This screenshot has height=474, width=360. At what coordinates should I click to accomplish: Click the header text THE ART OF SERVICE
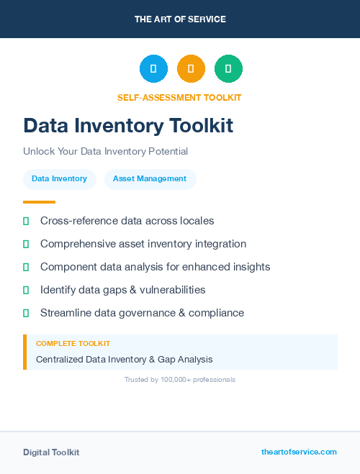click(180, 19)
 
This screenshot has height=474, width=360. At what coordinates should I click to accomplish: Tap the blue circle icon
click(153, 69)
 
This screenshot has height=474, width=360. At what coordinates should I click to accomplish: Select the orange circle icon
click(191, 69)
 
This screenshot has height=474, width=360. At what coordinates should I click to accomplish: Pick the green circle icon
click(228, 69)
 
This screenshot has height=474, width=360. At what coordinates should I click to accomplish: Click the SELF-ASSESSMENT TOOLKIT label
click(179, 97)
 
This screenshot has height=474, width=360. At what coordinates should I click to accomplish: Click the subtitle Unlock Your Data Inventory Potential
click(105, 152)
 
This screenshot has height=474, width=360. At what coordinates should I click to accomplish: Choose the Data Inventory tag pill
click(59, 179)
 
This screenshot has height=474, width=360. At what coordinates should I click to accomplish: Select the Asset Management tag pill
click(150, 179)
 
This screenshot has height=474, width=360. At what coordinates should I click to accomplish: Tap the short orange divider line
click(39, 202)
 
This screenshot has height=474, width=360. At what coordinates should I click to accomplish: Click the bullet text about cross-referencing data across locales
click(127, 221)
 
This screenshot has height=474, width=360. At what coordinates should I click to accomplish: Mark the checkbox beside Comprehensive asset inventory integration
click(26, 244)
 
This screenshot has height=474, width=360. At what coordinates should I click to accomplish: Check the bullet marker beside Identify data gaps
click(26, 290)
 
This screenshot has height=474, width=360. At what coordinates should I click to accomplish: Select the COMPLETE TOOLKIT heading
click(73, 344)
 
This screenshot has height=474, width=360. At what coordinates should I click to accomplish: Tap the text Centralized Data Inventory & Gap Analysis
click(124, 359)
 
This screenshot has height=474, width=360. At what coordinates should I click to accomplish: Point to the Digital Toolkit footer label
click(51, 452)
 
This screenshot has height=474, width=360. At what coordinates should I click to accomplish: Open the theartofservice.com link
click(299, 452)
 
